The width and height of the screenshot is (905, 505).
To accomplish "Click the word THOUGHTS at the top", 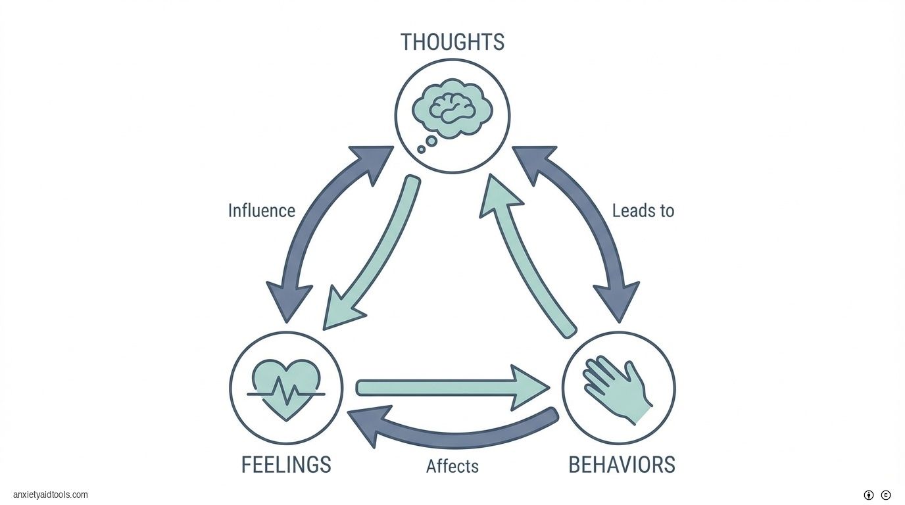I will click(452, 42).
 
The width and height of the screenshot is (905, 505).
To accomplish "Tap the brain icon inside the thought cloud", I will click(452, 107).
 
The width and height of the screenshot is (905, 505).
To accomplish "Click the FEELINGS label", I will click(286, 465).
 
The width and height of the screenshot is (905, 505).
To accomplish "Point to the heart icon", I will click(286, 387).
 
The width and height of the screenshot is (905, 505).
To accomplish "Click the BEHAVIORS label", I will click(622, 465).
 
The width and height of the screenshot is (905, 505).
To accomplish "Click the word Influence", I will click(261, 211).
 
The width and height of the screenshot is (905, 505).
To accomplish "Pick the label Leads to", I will click(643, 211).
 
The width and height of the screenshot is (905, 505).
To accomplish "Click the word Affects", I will click(452, 466).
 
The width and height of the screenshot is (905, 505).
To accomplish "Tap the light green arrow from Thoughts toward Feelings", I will click(375, 256).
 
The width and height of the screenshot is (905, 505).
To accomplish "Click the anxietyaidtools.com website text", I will click(50, 495).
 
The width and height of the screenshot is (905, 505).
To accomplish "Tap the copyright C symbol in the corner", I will click(886, 495).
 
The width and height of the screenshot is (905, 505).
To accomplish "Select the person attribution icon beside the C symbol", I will click(869, 495).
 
